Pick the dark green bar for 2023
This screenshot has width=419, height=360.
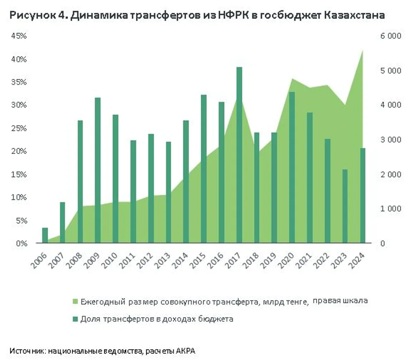(x=345, y=206)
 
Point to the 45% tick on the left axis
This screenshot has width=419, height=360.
(x=19, y=36)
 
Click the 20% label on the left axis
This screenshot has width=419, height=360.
(x=19, y=152)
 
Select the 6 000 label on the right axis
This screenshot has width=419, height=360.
(x=390, y=36)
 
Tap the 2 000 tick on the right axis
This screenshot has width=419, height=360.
(x=390, y=174)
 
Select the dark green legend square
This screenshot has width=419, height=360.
(x=74, y=319)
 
